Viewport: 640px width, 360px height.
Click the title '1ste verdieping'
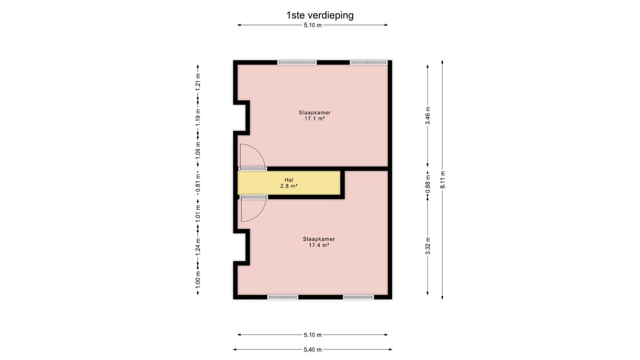point(319,15)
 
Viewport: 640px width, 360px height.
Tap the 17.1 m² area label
point(315,118)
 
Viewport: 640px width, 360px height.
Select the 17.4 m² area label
point(319,245)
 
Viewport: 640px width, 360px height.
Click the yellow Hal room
point(289,183)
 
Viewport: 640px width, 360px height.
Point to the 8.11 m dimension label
point(443,180)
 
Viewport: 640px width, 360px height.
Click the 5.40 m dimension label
point(313,350)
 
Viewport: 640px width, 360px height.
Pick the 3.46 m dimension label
point(428,116)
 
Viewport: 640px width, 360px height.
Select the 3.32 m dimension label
point(428,246)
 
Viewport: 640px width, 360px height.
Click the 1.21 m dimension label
point(198,82)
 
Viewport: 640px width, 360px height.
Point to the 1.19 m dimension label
point(198,117)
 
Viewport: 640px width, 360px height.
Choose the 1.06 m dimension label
point(198,150)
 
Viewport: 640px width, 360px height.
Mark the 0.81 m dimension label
point(198,183)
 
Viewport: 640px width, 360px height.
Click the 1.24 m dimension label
point(198,247)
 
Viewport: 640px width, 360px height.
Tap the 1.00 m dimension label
point(198,279)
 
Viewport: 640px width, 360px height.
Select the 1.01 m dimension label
point(198,213)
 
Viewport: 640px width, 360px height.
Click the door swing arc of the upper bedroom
point(259,151)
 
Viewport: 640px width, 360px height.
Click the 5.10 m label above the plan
point(313,25)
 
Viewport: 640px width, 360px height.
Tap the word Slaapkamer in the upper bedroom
point(315,113)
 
